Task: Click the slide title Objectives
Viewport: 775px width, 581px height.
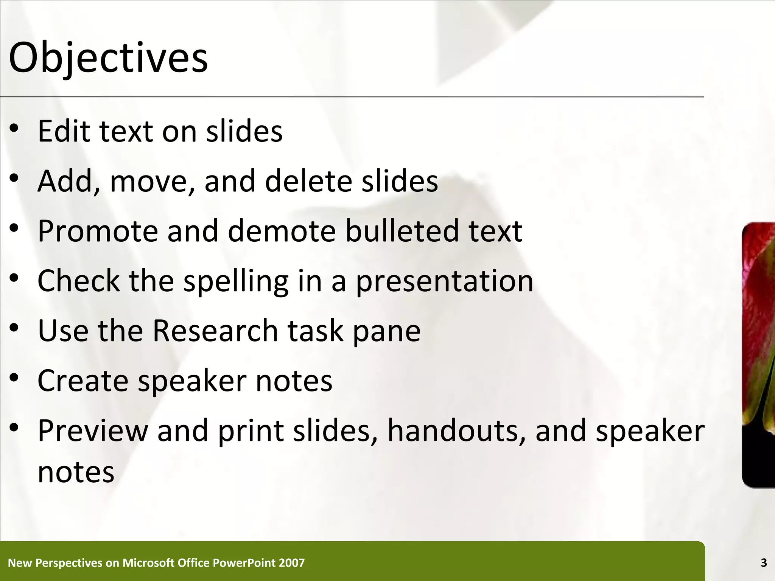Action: [108, 59]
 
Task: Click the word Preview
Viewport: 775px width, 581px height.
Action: [93, 430]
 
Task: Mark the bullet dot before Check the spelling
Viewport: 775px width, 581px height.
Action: [14, 278]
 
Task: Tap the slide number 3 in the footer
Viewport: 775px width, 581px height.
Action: [764, 563]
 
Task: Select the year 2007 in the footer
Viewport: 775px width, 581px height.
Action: [291, 563]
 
